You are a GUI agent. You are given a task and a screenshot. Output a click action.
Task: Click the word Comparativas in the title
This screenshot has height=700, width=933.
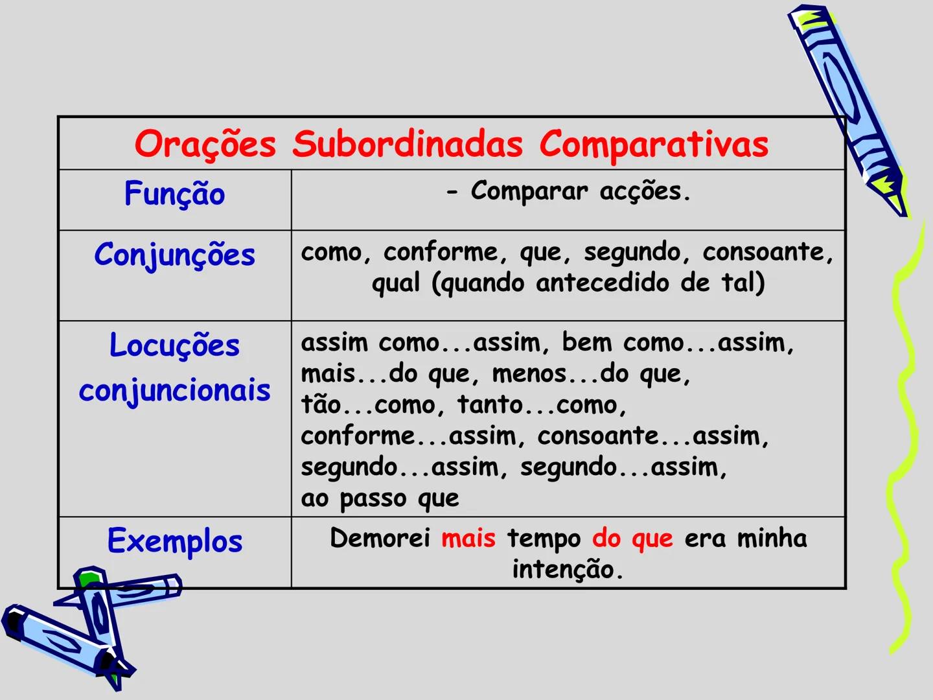click(x=654, y=145)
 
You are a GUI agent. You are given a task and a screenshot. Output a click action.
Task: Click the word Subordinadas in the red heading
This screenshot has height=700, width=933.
click(x=407, y=145)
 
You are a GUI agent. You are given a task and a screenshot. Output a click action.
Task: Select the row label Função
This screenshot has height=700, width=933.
click(x=174, y=194)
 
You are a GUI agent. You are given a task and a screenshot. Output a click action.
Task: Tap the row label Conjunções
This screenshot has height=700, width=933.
click(x=174, y=255)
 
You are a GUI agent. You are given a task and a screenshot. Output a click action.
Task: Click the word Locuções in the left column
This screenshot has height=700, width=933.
click(x=174, y=345)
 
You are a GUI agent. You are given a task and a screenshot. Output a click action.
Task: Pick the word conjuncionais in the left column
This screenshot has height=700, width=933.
click(x=174, y=391)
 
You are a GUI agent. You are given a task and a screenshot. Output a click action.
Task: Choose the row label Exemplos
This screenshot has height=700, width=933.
click(x=174, y=541)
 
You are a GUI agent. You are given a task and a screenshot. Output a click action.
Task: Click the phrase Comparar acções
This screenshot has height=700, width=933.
click(x=581, y=191)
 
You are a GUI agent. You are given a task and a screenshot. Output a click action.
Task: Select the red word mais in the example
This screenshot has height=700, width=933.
click(x=468, y=539)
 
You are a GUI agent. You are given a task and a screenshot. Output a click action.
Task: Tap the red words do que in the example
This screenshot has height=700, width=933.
click(x=632, y=539)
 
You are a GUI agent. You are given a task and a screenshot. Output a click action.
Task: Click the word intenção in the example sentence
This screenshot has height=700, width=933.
click(x=567, y=570)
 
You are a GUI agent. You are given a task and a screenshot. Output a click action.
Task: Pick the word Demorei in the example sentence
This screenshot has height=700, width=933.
click(x=380, y=539)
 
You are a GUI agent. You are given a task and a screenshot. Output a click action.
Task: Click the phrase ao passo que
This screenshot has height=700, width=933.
click(x=380, y=498)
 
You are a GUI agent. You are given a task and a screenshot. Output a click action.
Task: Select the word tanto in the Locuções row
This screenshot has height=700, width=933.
click(x=490, y=405)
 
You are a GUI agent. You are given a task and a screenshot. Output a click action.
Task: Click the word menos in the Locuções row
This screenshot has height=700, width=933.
click(x=529, y=374)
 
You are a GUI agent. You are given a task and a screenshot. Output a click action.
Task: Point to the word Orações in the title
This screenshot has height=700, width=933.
click(x=205, y=145)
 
